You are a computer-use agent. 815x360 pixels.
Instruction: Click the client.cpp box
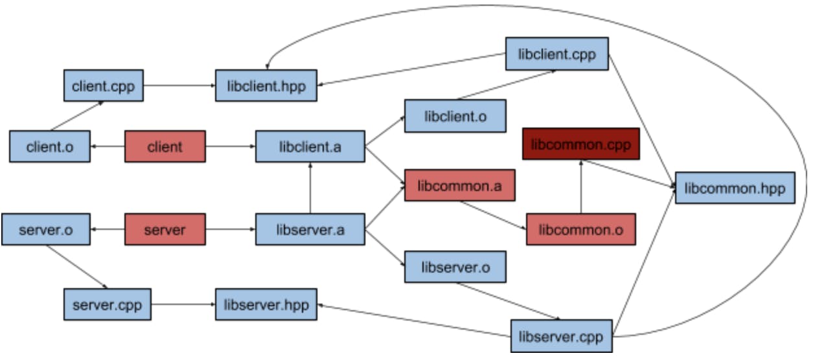104,86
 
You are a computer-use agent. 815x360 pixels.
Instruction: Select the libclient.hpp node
266,86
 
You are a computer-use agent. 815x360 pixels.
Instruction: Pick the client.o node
50,147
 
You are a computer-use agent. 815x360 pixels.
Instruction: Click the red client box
165,147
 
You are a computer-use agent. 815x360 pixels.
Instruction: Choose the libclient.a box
310,147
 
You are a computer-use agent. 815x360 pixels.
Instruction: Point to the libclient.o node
455,117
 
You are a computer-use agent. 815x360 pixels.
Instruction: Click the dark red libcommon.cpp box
580,144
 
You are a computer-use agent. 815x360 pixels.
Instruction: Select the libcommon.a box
460,186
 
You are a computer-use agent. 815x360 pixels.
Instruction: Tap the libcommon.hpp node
735,188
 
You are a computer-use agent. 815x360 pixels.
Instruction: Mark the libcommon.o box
580,229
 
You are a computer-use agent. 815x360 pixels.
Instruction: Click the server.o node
45,230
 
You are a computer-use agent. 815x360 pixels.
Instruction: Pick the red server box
165,230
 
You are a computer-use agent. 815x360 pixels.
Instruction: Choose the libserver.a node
310,230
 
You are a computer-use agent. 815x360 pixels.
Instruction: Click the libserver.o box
455,267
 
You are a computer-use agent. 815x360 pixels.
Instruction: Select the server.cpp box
108,304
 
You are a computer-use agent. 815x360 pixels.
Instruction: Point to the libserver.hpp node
266,304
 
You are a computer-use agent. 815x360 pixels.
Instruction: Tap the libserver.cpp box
561,336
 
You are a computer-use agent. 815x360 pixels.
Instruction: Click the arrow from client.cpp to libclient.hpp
179,86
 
